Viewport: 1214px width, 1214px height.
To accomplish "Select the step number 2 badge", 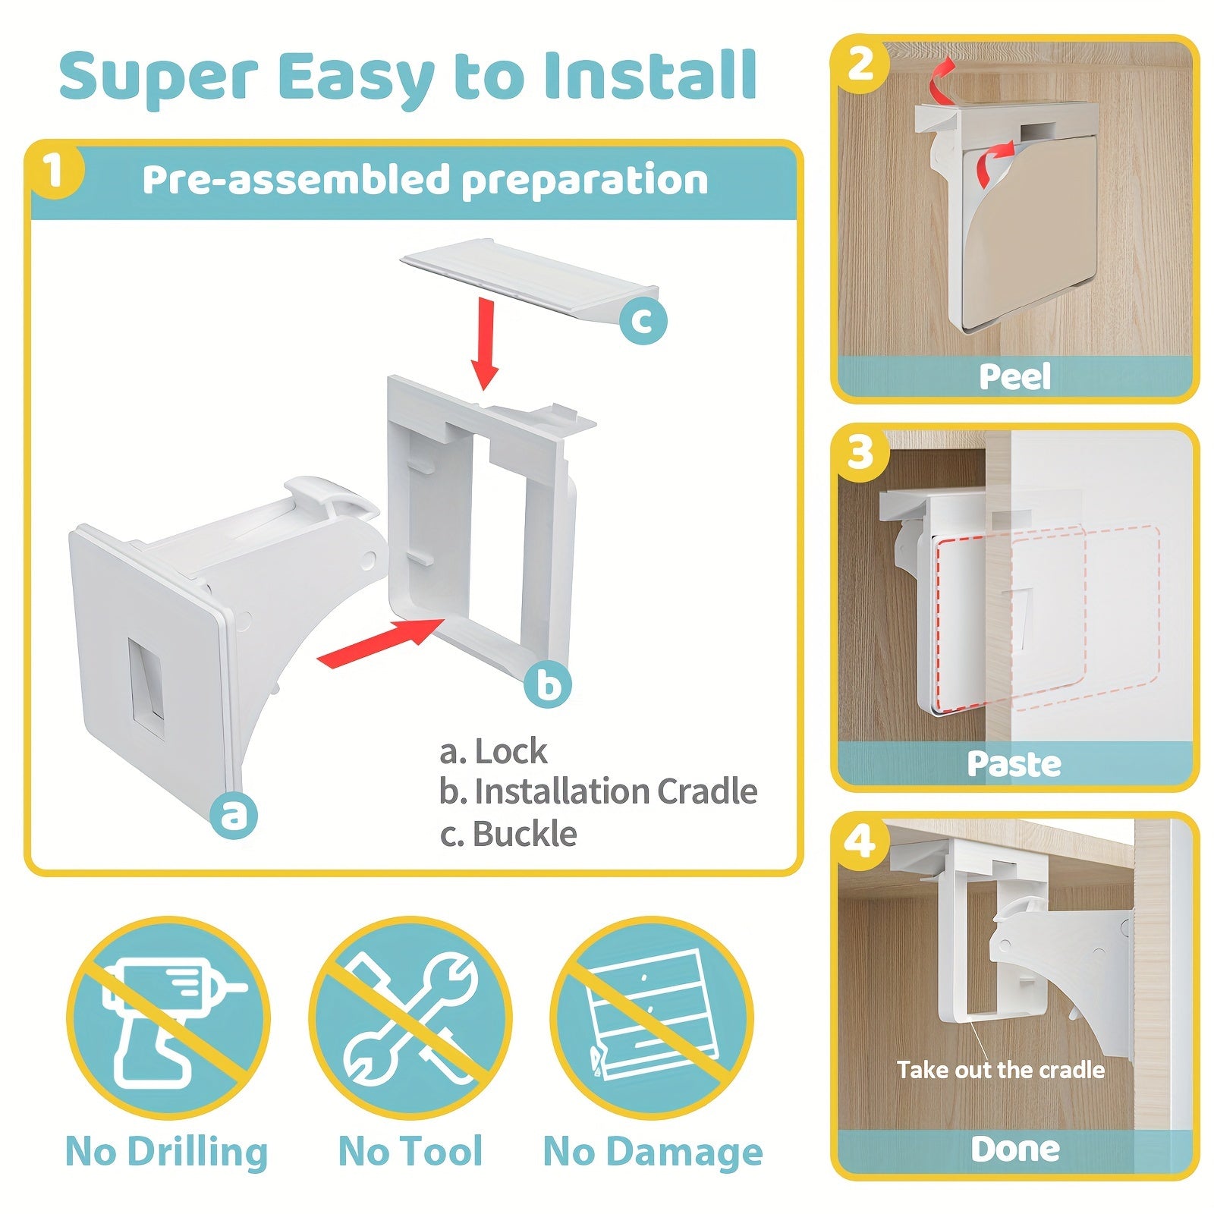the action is (860, 65).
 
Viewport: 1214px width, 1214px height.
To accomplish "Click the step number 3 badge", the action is (860, 453).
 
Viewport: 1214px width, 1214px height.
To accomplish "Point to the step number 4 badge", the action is (860, 841).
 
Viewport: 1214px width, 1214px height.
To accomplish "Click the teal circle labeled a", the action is (234, 814).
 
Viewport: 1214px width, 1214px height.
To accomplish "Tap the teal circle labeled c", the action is (643, 320).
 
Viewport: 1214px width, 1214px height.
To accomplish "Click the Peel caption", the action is (1014, 376).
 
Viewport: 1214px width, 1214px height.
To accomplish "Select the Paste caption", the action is (1014, 763).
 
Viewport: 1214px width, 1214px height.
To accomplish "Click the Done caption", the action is (1015, 1150).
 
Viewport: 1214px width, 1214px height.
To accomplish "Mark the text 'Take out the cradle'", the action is (1001, 1070).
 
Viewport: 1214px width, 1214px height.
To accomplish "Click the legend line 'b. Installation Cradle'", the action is (598, 792).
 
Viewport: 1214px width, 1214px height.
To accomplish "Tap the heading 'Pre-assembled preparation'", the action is (425, 181).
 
